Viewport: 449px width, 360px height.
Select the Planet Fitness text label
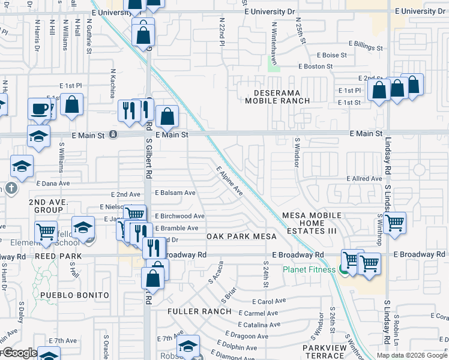pos(309,269)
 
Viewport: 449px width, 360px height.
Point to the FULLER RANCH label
pos(199,311)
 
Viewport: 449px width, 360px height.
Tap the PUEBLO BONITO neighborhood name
pos(75,295)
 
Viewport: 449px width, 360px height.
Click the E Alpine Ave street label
pos(230,181)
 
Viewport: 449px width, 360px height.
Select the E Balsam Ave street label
pos(176,193)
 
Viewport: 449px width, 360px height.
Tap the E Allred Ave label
pos(364,179)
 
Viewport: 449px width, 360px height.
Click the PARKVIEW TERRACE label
pos(325,352)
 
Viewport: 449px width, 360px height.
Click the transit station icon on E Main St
pos(113,135)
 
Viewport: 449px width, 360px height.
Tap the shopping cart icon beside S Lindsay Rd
pos(395,223)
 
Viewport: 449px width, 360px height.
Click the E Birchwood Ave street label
pos(179,216)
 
